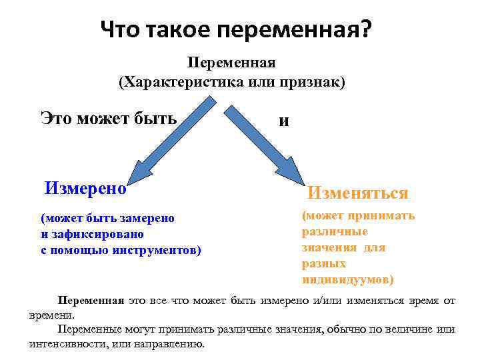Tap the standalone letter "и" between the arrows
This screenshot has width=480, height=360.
point(284,121)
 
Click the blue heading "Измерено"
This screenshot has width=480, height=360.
point(85,187)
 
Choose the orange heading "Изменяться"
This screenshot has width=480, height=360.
point(357,193)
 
